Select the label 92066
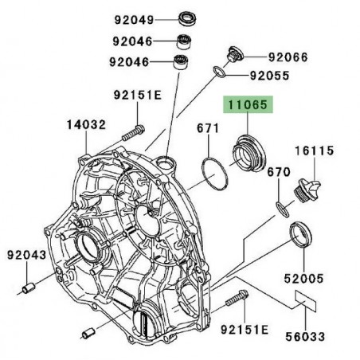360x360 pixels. point(288,57)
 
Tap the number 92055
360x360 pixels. point(270,77)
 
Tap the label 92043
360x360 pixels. point(28,255)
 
